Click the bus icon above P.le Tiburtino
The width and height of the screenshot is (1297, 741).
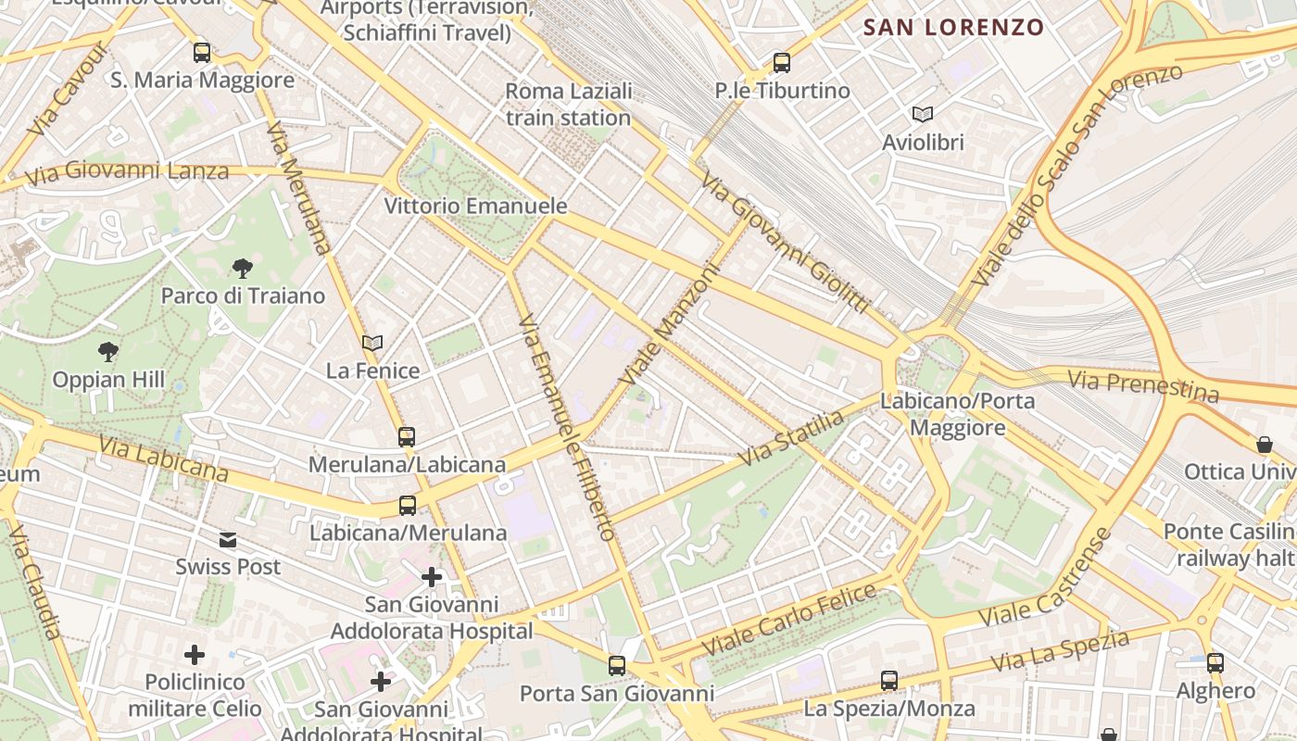(782, 63)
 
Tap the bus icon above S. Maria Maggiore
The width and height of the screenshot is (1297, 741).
(202, 53)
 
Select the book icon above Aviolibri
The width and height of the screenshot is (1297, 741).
(923, 114)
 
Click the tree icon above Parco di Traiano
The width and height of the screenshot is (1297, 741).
(243, 269)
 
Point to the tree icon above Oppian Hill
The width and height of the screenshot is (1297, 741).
(108, 352)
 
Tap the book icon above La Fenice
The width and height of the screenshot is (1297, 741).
(372, 344)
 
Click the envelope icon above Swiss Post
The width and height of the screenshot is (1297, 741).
(228, 540)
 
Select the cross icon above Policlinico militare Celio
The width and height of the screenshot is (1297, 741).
(195, 656)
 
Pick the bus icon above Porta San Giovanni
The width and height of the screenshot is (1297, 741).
(617, 665)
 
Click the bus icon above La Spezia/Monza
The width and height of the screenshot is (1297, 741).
(889, 681)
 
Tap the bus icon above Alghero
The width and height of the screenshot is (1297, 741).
(1215, 663)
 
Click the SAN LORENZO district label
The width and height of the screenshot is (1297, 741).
(953, 28)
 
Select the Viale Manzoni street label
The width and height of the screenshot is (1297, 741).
(669, 326)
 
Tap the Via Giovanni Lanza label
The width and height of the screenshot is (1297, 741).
(127, 172)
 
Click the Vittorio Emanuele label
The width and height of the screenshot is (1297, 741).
(475, 206)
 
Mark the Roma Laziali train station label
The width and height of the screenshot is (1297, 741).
(569, 105)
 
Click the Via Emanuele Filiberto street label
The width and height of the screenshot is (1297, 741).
(567, 426)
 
